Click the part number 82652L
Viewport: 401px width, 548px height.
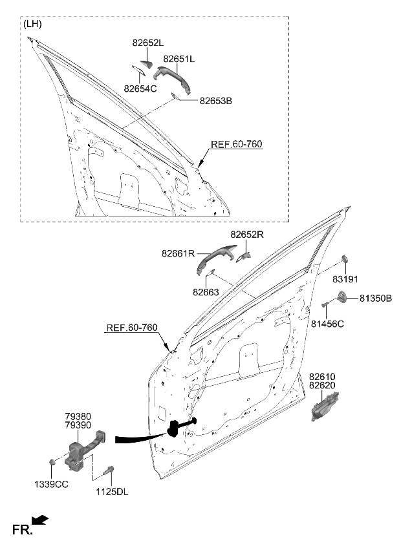[x=148, y=43]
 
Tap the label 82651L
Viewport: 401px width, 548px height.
[x=179, y=59]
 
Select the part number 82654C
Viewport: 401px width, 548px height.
[x=140, y=89]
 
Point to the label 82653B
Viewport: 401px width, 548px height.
[x=215, y=101]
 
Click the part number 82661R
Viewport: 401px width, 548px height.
[x=178, y=254]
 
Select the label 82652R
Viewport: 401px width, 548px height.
[x=247, y=235]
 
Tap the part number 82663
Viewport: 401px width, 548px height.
[x=205, y=292]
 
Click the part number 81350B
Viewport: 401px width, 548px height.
[x=376, y=299]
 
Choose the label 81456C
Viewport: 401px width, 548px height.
[x=328, y=323]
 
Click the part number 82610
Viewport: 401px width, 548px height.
[x=322, y=376]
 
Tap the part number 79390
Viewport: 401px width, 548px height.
[x=78, y=427]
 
